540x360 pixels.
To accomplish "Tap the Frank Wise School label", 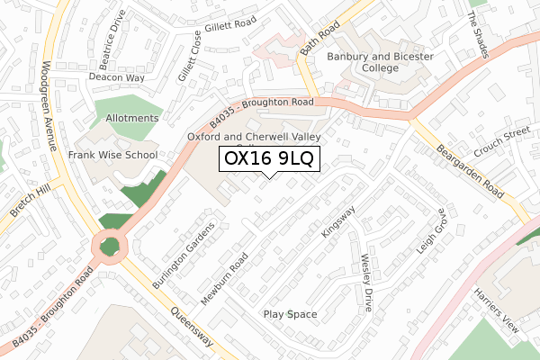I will pyautogui.click(x=112, y=155).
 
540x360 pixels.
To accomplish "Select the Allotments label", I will pyautogui.click(x=131, y=118).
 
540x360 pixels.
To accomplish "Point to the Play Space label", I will pyautogui.click(x=290, y=314).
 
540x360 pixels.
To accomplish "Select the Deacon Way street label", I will pyautogui.click(x=116, y=77).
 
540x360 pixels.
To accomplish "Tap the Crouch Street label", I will pyautogui.click(x=503, y=143).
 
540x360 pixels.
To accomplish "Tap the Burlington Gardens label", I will pyautogui.click(x=184, y=255).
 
